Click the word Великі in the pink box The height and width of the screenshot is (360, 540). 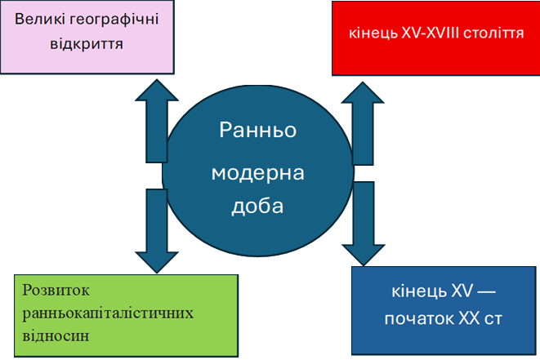point(39,19)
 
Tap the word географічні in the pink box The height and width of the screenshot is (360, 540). point(114,20)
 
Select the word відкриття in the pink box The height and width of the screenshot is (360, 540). point(87,44)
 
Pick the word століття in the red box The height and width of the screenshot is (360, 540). point(493,33)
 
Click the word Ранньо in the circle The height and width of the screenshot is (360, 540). point(258,130)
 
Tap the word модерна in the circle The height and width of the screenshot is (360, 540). point(258,173)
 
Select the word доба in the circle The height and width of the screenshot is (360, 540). point(257,207)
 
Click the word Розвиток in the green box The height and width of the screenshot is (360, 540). point(56,291)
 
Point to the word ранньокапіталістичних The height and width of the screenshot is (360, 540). point(108,313)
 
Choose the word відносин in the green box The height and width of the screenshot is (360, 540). point(56,336)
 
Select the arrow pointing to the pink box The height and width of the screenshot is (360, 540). point(157,121)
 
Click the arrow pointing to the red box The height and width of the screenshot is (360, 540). point(363,123)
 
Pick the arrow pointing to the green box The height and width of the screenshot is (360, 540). point(157,231)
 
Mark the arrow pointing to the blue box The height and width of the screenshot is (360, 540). point(364,224)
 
